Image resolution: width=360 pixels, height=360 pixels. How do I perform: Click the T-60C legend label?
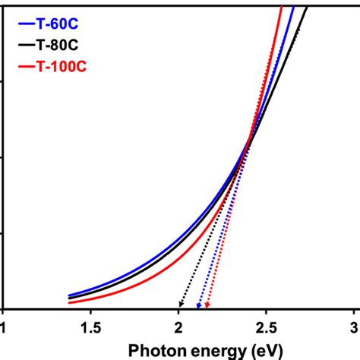coord(58,24)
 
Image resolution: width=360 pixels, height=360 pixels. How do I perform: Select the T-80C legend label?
coord(58,46)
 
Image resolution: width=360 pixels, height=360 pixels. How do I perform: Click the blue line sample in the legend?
coord(23,24)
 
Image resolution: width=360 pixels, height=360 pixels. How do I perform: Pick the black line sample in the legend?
coord(23,46)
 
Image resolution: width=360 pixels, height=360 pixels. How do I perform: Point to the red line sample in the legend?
coord(23,69)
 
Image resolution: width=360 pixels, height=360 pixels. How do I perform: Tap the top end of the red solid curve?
coord(282,6)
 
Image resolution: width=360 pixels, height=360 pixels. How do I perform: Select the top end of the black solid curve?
coord(307,6)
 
